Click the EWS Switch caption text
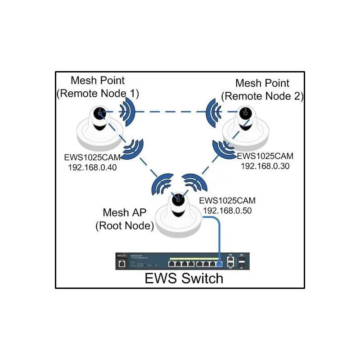click(x=184, y=278)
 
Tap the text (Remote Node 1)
click(x=98, y=94)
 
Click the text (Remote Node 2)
click(x=263, y=96)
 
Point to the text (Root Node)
click(x=124, y=225)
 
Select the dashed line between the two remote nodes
click(x=171, y=112)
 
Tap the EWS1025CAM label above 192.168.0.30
click(x=265, y=156)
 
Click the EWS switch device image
click(x=184, y=261)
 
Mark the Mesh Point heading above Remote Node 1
click(x=98, y=81)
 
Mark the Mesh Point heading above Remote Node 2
click(x=263, y=83)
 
